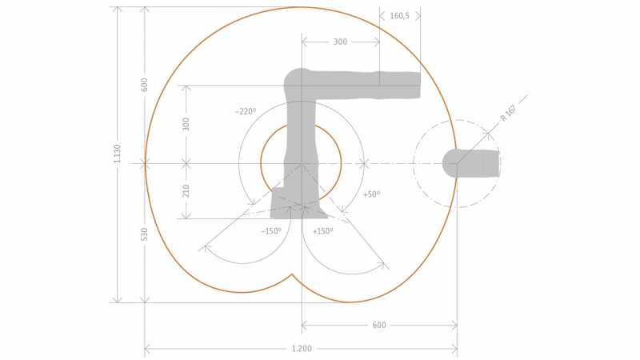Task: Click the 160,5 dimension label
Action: (x=399, y=16)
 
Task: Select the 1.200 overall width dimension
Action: (x=302, y=349)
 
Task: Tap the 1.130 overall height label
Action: (x=117, y=154)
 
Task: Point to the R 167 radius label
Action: (x=509, y=113)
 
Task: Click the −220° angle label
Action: (x=246, y=111)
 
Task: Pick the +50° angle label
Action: (x=371, y=194)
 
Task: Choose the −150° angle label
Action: (x=271, y=231)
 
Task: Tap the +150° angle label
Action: (x=323, y=231)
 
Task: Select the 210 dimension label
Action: (x=186, y=190)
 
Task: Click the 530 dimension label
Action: (x=144, y=234)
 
